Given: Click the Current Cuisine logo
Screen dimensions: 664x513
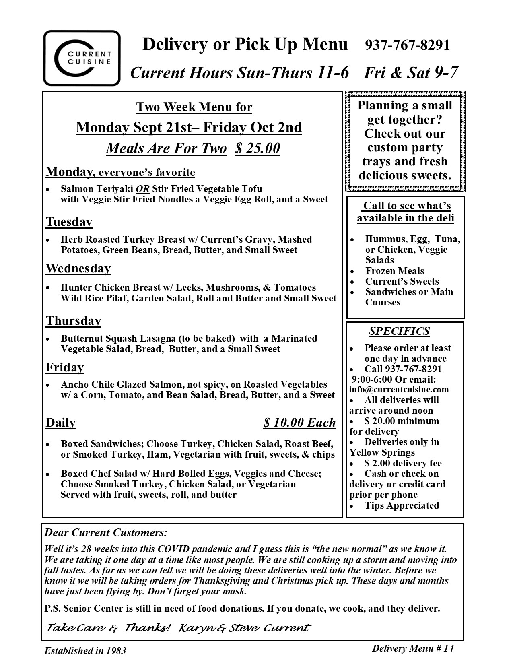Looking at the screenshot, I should (x=82, y=58).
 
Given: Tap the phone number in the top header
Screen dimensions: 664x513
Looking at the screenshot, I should (x=407, y=45).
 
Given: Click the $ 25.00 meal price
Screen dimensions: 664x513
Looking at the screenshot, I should (x=258, y=148).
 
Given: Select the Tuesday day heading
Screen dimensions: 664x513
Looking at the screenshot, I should (x=69, y=222).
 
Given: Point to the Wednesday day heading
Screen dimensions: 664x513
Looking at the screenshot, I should (x=78, y=268).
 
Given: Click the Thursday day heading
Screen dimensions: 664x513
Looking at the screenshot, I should (x=73, y=321).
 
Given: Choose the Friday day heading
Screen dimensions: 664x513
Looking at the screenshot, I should (x=65, y=367).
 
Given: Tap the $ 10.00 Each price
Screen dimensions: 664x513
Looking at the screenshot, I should (x=299, y=423).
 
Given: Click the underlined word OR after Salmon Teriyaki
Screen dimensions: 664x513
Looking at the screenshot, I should (x=142, y=189).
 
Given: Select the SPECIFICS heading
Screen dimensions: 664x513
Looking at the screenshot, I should (x=399, y=331).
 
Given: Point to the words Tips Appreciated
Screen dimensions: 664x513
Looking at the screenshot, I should (x=402, y=505).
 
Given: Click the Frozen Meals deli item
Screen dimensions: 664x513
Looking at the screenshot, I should (x=394, y=271).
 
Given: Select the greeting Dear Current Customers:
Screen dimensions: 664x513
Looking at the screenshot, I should (x=106, y=533).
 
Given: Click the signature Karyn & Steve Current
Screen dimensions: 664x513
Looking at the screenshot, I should (x=244, y=628).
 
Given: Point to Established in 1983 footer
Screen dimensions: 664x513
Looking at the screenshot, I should (x=85, y=650).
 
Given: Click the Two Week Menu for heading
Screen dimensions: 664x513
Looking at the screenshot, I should (x=194, y=107).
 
